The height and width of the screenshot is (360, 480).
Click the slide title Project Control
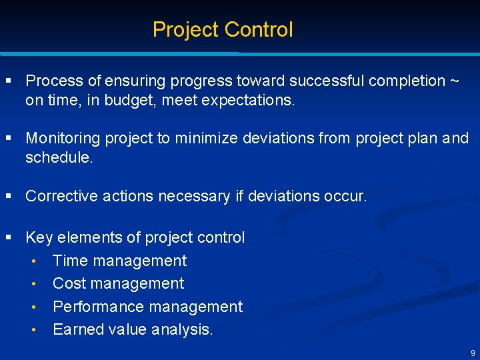pos(223,30)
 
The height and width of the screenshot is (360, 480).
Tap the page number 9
pos(473,353)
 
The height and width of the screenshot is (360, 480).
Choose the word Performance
pos(98,307)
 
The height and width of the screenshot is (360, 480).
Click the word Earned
pos(75,329)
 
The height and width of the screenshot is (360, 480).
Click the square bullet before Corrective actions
pos(9,197)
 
